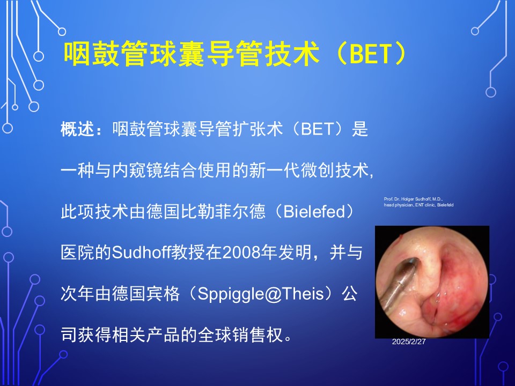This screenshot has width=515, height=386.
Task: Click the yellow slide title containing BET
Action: [x=235, y=53]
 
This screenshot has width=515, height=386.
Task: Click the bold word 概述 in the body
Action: [x=77, y=129]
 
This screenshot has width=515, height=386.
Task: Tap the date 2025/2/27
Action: [x=409, y=342]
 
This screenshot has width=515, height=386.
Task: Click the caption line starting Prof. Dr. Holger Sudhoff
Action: [x=413, y=199]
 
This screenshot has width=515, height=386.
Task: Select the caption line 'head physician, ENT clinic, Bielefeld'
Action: [x=418, y=205]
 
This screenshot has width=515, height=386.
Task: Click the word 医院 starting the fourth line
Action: [x=77, y=253]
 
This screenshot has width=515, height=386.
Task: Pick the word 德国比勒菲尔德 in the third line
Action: [x=205, y=211]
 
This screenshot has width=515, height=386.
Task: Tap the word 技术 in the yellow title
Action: [x=292, y=53]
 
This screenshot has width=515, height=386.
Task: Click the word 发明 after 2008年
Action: [x=295, y=253]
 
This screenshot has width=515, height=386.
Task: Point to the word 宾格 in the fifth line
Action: [x=163, y=294]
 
